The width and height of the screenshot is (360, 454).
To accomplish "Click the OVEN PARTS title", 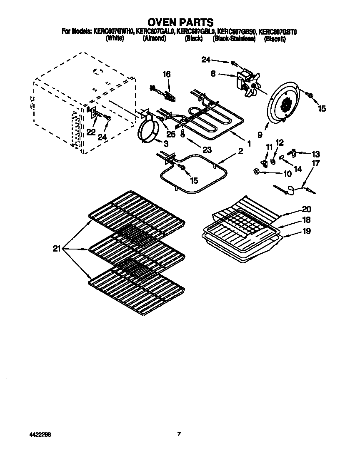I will pos(180,22).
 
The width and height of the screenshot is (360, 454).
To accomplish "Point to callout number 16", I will pos(166,74).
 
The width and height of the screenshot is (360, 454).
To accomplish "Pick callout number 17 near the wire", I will pos(315,163).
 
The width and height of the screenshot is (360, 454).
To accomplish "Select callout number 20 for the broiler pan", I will pos(306,209).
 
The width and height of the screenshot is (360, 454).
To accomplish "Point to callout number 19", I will pos(306,231).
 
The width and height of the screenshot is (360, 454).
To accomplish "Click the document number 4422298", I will pos(20,434).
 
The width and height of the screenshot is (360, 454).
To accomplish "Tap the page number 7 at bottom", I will pos(179,434).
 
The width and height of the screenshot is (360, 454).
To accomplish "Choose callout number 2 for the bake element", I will pos(240,152).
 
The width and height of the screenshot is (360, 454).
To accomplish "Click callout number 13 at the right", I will pos(316,153).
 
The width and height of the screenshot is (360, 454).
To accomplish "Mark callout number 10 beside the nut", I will pos(287,174).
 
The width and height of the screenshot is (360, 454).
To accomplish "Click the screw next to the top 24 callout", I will pos(233,63).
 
